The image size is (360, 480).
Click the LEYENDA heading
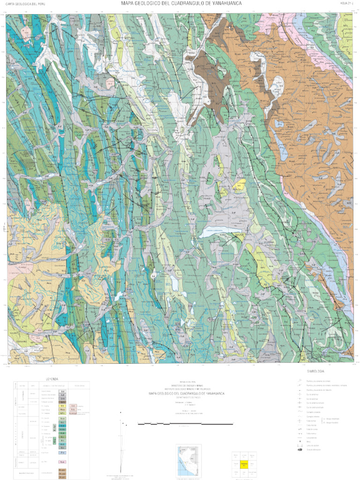point(52,379)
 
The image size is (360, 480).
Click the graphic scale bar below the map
point(185,424)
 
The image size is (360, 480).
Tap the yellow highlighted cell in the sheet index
point(243,465)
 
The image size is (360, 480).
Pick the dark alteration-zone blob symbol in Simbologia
point(299,450)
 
